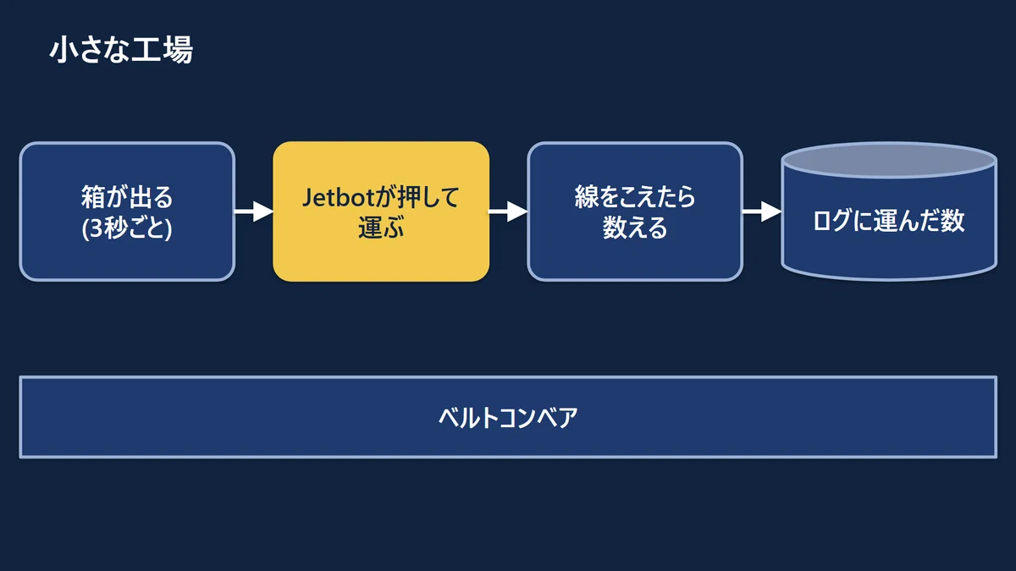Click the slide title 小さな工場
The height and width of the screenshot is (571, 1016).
click(121, 49)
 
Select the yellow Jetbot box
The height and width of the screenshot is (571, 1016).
click(381, 211)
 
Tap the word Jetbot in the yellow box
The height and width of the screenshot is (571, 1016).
click(340, 198)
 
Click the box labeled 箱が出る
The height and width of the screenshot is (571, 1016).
click(127, 211)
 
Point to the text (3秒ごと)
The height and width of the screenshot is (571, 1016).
click(127, 228)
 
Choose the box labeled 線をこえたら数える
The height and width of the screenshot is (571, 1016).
click(635, 211)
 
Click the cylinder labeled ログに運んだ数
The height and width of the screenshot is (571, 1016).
click(889, 211)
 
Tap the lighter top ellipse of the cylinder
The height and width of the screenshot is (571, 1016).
click(889, 160)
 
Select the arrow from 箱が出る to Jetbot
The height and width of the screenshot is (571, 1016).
click(254, 211)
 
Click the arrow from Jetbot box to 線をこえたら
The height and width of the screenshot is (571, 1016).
click(508, 211)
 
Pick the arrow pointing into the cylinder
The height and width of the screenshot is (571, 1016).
click(762, 211)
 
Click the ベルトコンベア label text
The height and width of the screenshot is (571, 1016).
click(508, 417)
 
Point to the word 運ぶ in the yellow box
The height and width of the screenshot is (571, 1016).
click(381, 227)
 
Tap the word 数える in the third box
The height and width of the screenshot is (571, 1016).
click(635, 227)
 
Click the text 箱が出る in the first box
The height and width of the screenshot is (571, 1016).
click(127, 197)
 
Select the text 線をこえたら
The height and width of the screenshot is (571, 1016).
click(635, 197)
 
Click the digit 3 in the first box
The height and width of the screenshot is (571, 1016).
click(97, 228)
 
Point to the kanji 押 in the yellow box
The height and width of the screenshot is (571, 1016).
click(410, 198)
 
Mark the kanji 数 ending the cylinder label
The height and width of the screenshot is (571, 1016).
click(952, 221)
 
